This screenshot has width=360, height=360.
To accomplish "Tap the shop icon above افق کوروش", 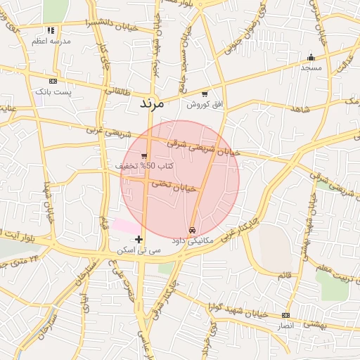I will [205, 94].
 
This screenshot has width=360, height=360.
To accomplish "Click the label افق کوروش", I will [205, 104].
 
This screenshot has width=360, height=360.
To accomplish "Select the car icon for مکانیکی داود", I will [192, 230].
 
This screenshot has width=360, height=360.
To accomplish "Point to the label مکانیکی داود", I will [192, 240].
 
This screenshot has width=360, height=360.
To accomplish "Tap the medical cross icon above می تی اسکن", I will [139, 239].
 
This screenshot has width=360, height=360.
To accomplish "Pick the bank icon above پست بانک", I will [53, 82].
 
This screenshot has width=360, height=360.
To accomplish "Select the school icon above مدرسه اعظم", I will [50, 31].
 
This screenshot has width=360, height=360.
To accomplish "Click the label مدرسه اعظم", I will [51, 41].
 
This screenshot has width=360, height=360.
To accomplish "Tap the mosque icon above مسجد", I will [311, 58].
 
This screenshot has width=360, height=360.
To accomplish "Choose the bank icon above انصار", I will [285, 315].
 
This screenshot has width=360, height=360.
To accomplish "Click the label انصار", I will [285, 326].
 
